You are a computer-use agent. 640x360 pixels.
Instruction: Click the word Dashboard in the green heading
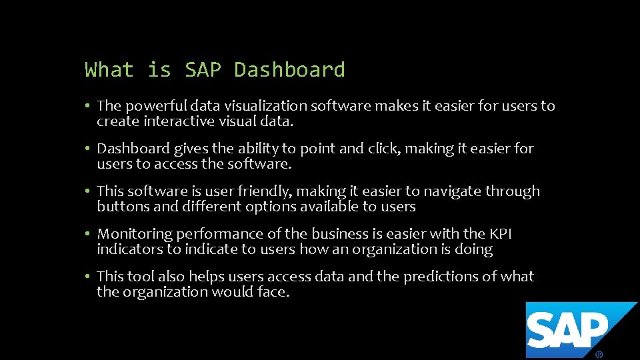289,70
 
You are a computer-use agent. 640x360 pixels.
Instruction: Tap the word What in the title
109,70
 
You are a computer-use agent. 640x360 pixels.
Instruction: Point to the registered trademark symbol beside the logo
599,355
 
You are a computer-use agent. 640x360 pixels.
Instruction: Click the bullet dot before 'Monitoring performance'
88,234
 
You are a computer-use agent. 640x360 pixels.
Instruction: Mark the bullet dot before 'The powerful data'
88,106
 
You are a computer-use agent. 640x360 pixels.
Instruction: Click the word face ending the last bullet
273,292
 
